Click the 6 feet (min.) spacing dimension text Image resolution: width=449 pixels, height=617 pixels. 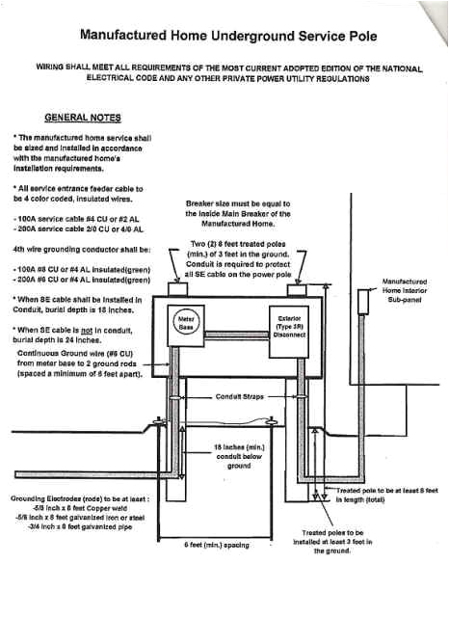(217, 544)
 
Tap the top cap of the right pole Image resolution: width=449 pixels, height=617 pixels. (297, 288)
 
